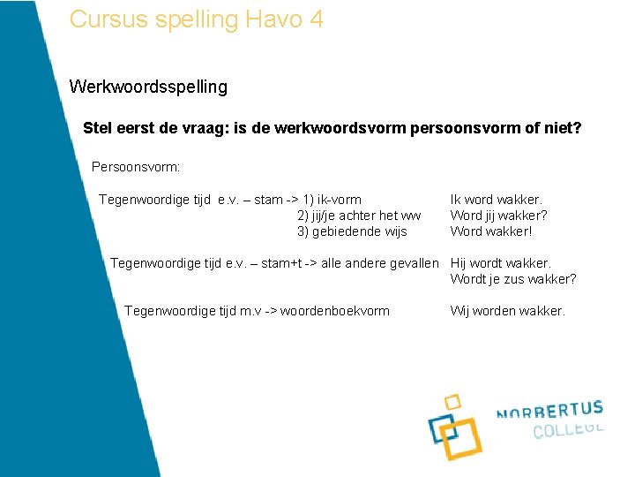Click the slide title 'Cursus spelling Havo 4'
[x=196, y=19]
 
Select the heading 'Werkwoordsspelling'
[x=148, y=87]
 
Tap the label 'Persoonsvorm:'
[x=136, y=166]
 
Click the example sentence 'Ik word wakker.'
[x=497, y=200]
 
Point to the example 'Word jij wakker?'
[x=498, y=216]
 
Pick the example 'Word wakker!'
[x=491, y=231]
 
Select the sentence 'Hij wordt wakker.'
[x=500, y=263]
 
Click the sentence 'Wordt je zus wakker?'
[x=513, y=279]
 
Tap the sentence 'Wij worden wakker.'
[x=507, y=311]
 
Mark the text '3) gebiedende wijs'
[x=352, y=231]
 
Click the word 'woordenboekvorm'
[x=335, y=311]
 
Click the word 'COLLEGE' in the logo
[x=568, y=430]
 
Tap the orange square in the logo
[x=461, y=438]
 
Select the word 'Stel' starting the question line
[x=98, y=128]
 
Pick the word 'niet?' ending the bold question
[x=563, y=128]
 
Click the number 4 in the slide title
[x=316, y=19]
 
